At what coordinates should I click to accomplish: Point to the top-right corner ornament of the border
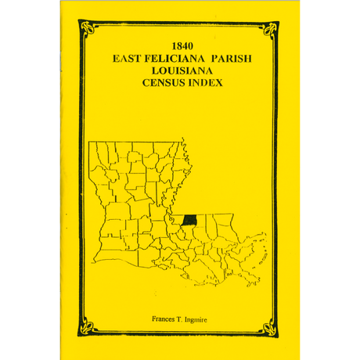point(274,29)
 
